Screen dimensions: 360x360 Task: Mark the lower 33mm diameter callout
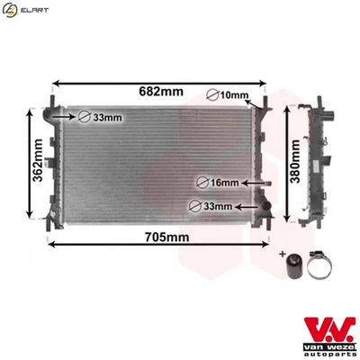click(x=220, y=206)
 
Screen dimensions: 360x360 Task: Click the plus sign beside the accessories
click(x=283, y=254)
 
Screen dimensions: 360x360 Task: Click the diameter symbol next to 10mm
click(x=212, y=94)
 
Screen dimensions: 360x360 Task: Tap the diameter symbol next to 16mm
click(x=203, y=183)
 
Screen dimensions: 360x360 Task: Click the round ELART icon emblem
click(x=11, y=10)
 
